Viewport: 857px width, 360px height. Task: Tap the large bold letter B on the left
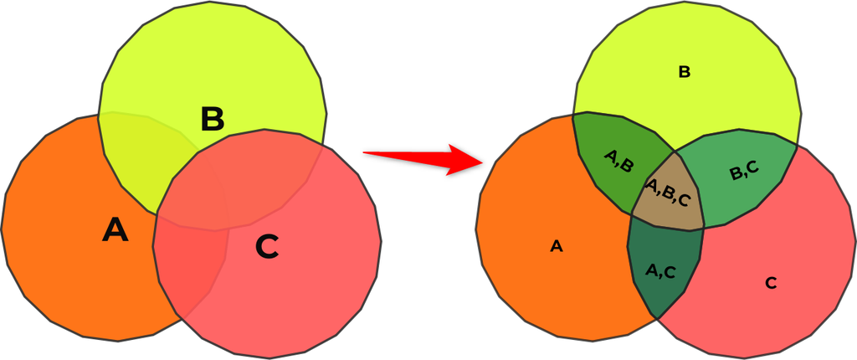click(x=213, y=120)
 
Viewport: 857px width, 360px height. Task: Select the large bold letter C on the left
click(x=266, y=246)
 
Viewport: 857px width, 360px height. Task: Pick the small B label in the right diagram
click(x=684, y=73)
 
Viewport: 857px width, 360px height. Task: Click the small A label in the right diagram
click(x=556, y=246)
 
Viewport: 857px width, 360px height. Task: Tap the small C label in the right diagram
click(x=771, y=283)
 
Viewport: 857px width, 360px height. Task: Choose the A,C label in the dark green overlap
click(x=661, y=270)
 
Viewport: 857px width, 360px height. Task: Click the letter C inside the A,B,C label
click(x=684, y=200)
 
